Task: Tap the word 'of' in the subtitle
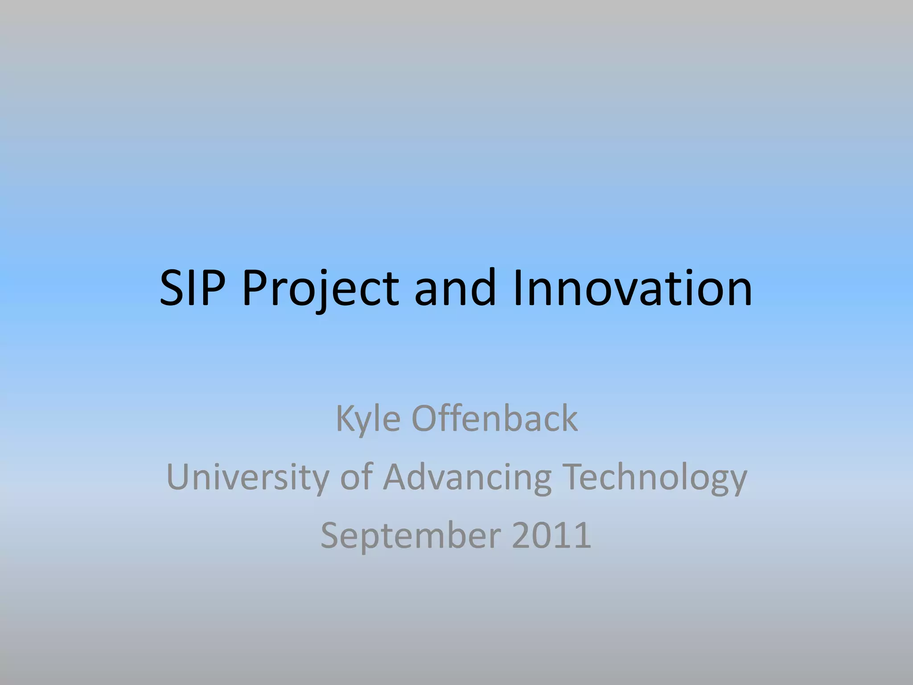pyautogui.click(x=356, y=477)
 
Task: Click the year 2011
pyautogui.click(x=551, y=535)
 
